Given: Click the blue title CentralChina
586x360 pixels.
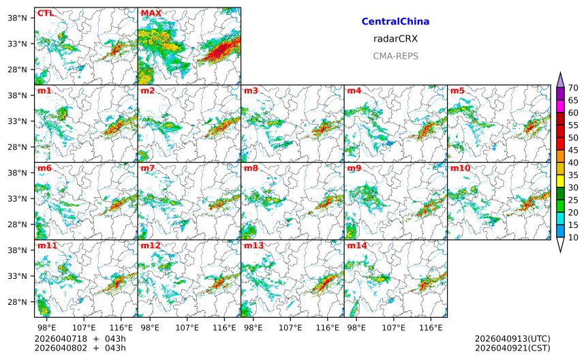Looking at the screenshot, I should (395, 22).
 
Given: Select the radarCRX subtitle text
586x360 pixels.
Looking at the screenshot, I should (395, 39).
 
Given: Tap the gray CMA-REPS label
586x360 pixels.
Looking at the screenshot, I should (395, 56).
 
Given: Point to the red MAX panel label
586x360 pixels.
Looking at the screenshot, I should (151, 13).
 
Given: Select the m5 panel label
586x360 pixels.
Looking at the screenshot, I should (457, 91).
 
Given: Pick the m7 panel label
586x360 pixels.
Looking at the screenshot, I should (148, 168).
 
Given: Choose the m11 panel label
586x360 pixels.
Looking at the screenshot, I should (47, 245).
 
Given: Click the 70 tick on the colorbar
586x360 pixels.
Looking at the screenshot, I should (573, 87).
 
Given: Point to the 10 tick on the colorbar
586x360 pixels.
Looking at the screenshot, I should (573, 237).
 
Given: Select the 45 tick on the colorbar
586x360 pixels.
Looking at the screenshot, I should (573, 150).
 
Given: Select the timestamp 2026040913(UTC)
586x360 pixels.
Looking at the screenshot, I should (512, 339).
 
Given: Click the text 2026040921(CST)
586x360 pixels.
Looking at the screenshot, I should (512, 348).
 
